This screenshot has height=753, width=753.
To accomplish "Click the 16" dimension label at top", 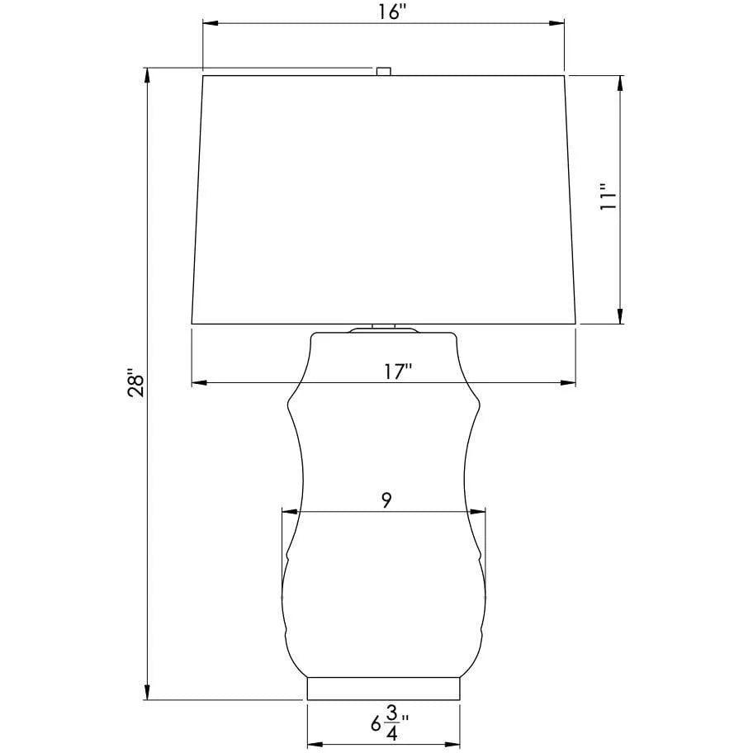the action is [392, 12].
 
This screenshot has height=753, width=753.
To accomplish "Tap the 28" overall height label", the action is [136, 383].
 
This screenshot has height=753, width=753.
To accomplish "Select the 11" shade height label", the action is [607, 196].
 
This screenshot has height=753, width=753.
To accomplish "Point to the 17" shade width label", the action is [398, 372].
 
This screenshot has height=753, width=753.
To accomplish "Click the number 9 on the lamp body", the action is [387, 500].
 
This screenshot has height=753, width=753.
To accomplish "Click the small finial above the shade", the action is [383, 71].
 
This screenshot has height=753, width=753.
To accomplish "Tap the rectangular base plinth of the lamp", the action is [383, 689].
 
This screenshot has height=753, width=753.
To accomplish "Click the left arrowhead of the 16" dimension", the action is [211, 23].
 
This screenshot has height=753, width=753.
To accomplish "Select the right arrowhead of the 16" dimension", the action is [556, 23].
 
